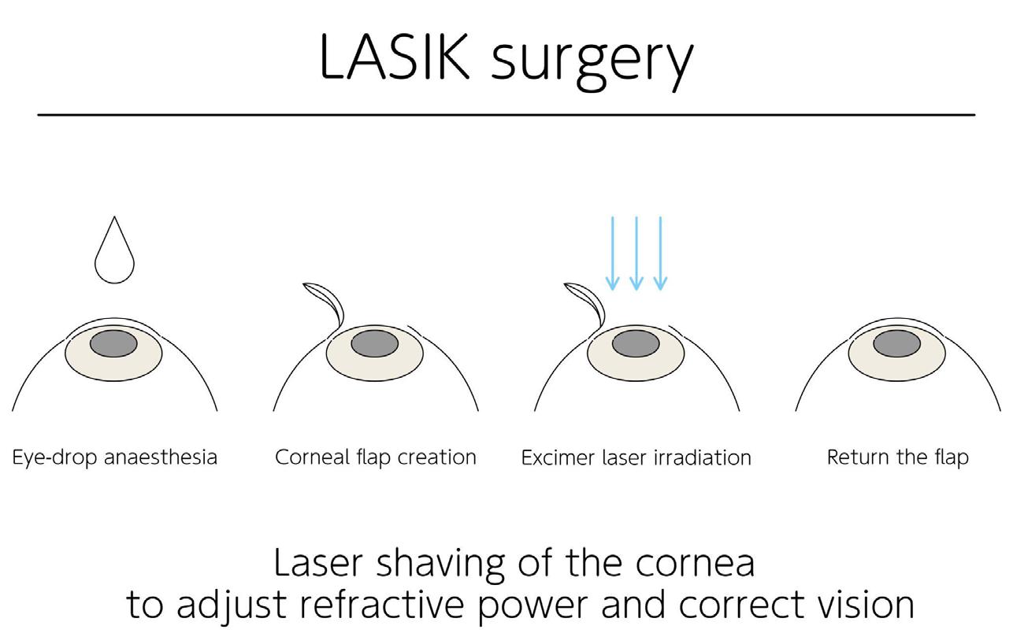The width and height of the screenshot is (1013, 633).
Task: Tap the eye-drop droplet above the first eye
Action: click(114, 250)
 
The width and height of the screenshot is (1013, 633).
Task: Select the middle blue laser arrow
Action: click(636, 254)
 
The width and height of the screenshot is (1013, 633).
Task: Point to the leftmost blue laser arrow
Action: click(612, 254)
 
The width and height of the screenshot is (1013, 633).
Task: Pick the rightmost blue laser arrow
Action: click(660, 254)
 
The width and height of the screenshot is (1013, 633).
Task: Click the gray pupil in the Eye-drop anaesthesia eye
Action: click(113, 343)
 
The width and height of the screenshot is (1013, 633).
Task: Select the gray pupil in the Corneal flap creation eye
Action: click(374, 343)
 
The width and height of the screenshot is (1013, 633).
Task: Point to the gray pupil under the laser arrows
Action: click(636, 343)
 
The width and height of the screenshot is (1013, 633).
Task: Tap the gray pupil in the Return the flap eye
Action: click(896, 343)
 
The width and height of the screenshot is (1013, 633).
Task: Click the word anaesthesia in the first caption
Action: click(161, 457)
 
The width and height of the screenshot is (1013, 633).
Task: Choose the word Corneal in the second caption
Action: click(312, 457)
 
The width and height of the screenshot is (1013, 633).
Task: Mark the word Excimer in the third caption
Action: click(558, 457)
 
